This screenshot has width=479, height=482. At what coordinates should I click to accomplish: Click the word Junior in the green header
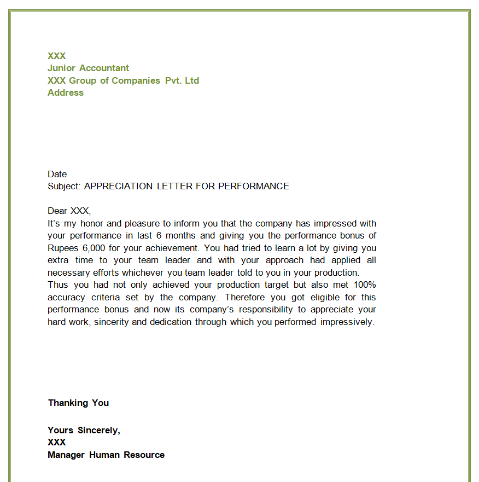(x=61, y=68)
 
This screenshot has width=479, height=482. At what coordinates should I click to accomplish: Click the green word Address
(x=66, y=93)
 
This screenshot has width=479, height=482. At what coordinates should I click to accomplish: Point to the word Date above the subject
(x=57, y=174)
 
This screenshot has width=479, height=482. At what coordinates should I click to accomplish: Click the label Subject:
(x=64, y=186)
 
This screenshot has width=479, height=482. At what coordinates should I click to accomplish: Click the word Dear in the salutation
(x=57, y=211)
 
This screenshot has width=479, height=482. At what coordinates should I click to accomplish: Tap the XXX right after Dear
(x=80, y=211)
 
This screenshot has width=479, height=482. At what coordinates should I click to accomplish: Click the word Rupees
(x=63, y=248)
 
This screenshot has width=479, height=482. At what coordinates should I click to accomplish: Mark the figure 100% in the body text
(x=365, y=285)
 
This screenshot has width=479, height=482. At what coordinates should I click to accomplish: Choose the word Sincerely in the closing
(x=98, y=430)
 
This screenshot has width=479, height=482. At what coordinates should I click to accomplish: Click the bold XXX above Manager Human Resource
(x=57, y=442)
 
